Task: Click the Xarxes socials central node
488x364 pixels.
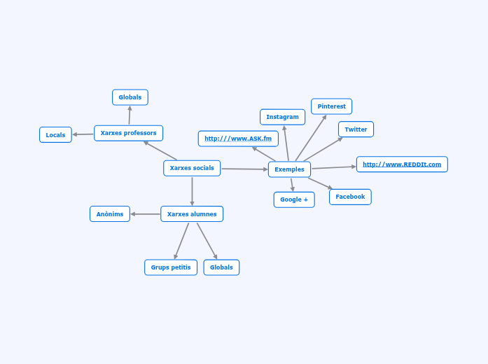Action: (192, 168)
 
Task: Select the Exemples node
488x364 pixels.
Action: (289, 169)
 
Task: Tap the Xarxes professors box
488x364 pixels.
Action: (128, 133)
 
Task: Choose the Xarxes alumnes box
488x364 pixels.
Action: (192, 214)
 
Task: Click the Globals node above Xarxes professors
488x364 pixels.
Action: (130, 97)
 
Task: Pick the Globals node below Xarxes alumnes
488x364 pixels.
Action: (221, 267)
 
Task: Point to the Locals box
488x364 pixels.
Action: (55, 135)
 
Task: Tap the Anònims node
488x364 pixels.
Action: (110, 214)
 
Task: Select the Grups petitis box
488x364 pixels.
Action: (171, 267)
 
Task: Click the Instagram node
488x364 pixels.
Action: (282, 117)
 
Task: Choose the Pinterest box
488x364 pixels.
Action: (331, 106)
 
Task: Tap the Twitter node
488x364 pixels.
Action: (356, 129)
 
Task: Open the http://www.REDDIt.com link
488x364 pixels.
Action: (402, 164)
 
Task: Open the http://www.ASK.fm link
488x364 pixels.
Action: (238, 139)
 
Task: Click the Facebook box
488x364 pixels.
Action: (350, 197)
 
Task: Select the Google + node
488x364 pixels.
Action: (294, 199)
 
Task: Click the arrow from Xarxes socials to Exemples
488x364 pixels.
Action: (244, 169)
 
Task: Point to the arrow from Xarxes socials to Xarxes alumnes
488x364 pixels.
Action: (192, 191)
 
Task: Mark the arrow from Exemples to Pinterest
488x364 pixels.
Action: (311, 138)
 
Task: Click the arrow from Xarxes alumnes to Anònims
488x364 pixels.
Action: (145, 214)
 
